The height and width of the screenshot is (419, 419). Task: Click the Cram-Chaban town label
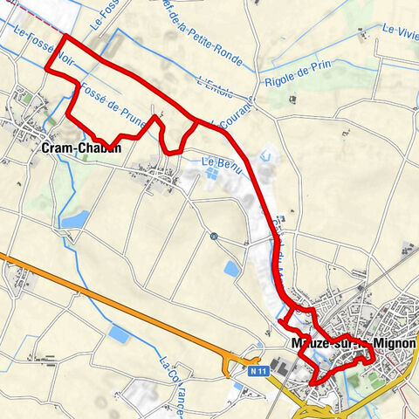click(80, 148)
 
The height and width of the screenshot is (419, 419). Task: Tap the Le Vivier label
click(399, 31)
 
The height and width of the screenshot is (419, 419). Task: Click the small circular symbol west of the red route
click(214, 236)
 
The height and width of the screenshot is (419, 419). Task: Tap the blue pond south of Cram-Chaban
click(73, 219)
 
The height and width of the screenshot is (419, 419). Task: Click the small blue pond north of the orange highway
click(231, 269)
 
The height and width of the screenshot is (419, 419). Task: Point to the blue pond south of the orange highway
click(120, 334)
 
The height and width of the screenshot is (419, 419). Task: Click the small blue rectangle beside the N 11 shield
click(238, 385)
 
